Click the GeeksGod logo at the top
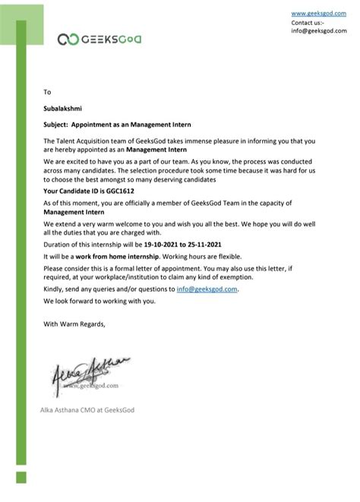click(99, 39)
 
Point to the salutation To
click(47, 92)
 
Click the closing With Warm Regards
click(74, 325)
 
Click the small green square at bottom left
click(22, 477)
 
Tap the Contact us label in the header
click(308, 22)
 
